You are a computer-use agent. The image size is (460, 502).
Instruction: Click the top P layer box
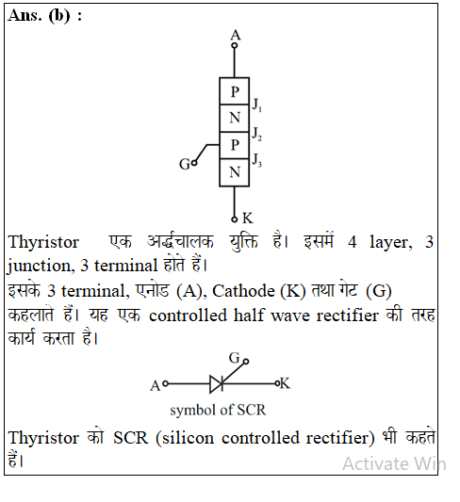tap(234, 91)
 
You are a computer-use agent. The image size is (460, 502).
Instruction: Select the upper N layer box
tap(234, 118)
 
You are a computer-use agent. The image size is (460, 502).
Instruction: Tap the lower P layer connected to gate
tap(234, 145)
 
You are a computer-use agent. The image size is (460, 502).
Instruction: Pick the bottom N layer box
tap(234, 172)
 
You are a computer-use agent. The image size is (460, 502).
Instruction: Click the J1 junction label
tap(257, 105)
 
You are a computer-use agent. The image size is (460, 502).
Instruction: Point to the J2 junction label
tap(257, 134)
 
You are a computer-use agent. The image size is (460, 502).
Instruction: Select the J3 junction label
tap(257, 160)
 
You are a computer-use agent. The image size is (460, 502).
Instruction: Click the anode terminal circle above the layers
tap(235, 45)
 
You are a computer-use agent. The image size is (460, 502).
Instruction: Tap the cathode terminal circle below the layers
tap(235, 219)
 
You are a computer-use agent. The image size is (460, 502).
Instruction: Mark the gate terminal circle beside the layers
tap(194, 163)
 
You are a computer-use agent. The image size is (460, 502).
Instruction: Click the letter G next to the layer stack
tap(185, 164)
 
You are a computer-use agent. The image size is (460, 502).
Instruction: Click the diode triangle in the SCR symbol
tap(216, 383)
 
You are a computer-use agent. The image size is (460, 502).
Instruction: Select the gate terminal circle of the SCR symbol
tap(246, 362)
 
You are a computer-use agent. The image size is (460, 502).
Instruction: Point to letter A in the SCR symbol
tap(155, 386)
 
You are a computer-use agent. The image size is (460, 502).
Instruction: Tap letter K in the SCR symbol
tap(285, 383)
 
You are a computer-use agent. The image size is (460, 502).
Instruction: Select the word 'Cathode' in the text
tap(243, 291)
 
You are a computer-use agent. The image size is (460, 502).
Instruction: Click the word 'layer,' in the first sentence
tap(390, 243)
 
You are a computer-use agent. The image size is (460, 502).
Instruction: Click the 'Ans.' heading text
tap(25, 15)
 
